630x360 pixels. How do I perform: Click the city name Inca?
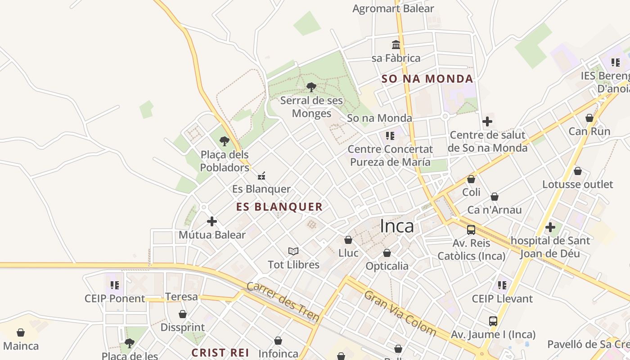(397, 226)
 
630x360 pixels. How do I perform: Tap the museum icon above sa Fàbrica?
(396, 45)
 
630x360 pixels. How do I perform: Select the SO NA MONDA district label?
(427, 79)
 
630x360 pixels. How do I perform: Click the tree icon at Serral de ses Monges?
(311, 87)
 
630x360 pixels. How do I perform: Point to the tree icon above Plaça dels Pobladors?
(225, 141)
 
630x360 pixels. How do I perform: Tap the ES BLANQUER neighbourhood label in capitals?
(279, 207)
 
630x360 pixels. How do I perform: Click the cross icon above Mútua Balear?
(212, 221)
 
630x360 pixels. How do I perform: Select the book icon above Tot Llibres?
(293, 251)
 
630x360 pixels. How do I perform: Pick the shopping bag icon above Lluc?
(348, 240)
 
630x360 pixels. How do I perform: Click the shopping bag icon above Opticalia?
(387, 253)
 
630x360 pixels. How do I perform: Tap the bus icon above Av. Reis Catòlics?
(471, 230)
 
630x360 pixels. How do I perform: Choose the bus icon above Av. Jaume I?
(493, 321)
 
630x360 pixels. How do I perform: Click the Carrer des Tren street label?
(283, 302)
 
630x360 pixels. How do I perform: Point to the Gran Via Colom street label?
(400, 313)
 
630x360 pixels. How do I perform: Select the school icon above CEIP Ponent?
(115, 285)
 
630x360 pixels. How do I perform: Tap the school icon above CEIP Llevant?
(502, 285)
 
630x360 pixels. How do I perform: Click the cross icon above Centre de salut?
(487, 121)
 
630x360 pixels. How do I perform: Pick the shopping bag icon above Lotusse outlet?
(578, 171)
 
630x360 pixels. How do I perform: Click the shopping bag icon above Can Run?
(589, 118)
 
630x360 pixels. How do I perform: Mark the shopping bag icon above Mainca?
(21, 333)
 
